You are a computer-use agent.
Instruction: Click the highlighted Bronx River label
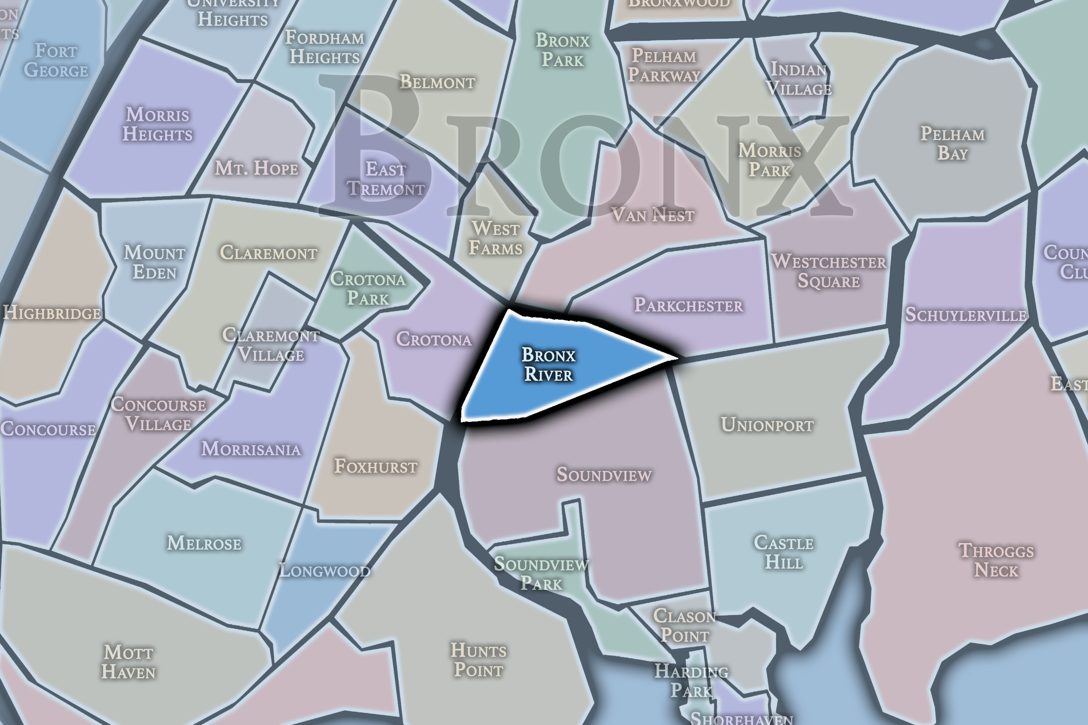(x=548, y=364)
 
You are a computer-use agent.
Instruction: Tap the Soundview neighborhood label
(x=604, y=474)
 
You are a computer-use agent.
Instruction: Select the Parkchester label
(x=688, y=305)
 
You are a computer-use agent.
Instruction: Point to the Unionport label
(x=767, y=425)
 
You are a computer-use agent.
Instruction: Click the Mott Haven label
(x=128, y=662)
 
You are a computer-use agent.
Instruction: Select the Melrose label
(x=204, y=543)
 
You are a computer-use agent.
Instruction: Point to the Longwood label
(x=325, y=571)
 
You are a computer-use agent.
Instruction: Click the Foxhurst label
(x=376, y=467)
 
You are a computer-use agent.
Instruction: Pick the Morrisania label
(x=251, y=449)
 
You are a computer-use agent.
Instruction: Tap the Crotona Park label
(x=368, y=288)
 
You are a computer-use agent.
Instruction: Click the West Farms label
(x=495, y=239)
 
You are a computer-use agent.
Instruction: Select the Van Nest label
(x=653, y=215)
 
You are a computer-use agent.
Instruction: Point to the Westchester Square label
(x=829, y=271)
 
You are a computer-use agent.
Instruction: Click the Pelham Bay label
(x=953, y=144)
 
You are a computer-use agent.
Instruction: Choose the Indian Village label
(x=799, y=79)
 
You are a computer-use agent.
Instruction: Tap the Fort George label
(x=56, y=60)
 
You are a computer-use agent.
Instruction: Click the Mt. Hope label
(x=257, y=168)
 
